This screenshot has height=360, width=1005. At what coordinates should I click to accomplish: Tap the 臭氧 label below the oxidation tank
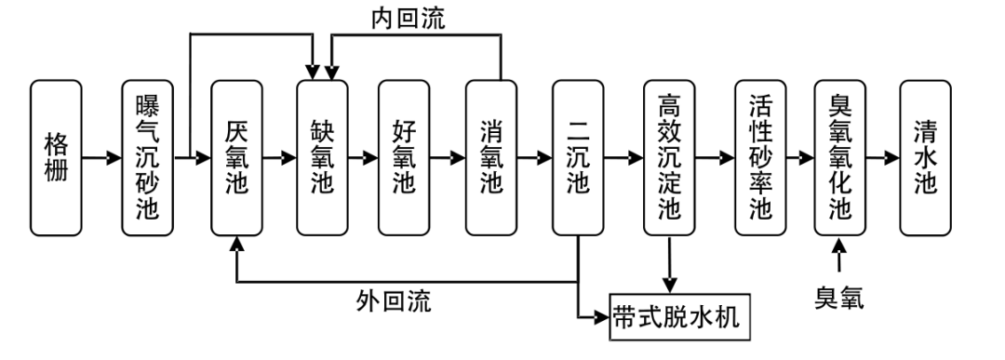839,298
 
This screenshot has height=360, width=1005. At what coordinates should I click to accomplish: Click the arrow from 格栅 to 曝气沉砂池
101,157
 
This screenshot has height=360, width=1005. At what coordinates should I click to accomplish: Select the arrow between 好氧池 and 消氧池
448,157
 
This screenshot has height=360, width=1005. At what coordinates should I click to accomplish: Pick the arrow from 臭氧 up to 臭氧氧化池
839,256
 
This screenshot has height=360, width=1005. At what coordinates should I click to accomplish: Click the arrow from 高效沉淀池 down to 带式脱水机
669,264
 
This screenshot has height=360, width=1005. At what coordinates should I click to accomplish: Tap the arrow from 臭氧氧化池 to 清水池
882,157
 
